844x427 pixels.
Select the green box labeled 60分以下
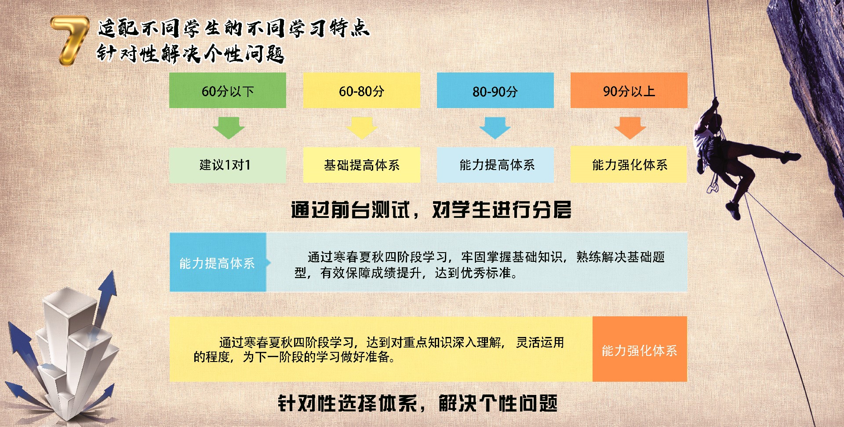pyautogui.click(x=228, y=90)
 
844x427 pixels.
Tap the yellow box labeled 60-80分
pyautogui.click(x=361, y=90)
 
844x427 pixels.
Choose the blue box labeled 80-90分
pyautogui.click(x=495, y=90)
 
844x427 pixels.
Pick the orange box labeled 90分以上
pyautogui.click(x=629, y=90)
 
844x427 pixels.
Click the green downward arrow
pyautogui.click(x=229, y=128)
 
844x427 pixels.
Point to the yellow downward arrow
pyautogui.click(x=362, y=128)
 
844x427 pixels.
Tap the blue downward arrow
pyautogui.click(x=495, y=128)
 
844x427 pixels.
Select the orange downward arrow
pyautogui.click(x=629, y=128)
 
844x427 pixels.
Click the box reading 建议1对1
pyautogui.click(x=228, y=165)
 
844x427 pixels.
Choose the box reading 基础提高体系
pyautogui.click(x=361, y=165)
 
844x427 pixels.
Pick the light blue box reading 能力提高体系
pyautogui.click(x=495, y=165)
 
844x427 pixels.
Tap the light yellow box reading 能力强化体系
pyautogui.click(x=629, y=165)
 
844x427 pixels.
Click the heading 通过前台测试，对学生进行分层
pyautogui.click(x=431, y=210)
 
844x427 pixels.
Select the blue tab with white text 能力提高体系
pyautogui.click(x=218, y=263)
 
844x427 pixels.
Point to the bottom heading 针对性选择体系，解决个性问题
pyautogui.click(x=418, y=403)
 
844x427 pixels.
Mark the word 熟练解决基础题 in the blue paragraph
pyautogui.click(x=620, y=257)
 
